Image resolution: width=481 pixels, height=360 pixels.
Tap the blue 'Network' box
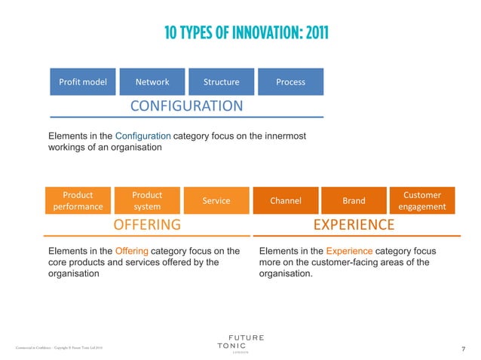152,81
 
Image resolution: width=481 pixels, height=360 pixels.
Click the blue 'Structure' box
221,81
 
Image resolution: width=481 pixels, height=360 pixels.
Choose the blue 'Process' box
290,81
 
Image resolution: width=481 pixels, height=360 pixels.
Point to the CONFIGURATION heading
186,105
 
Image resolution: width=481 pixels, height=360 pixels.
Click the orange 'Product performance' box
78,200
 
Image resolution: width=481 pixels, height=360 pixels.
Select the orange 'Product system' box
147,200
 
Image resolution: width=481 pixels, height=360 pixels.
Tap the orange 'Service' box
216,200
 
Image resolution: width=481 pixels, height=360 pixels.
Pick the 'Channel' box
286,200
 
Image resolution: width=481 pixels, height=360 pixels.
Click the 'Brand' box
354,200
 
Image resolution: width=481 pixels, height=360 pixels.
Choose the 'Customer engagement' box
422,200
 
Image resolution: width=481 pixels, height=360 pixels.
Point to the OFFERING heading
147,224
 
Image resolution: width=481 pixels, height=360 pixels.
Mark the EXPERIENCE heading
354,224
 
